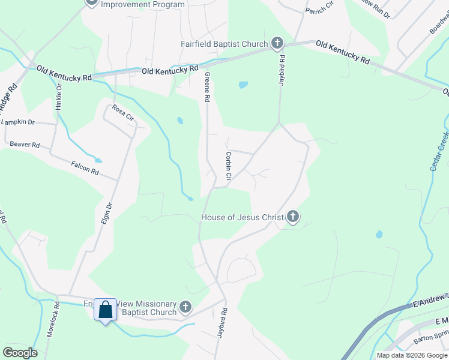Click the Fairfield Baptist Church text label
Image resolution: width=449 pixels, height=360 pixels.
click(224, 44)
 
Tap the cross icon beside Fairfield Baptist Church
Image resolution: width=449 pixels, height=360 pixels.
click(277, 43)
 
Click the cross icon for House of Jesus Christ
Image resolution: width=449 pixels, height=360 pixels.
click(292, 217)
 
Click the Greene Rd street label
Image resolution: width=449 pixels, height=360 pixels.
click(207, 86)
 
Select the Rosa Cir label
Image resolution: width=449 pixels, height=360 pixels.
click(122, 113)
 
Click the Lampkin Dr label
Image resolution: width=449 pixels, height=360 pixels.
click(18, 122)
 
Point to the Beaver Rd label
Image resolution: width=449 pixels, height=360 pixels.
click(25, 145)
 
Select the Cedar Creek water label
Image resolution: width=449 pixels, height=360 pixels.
click(439, 151)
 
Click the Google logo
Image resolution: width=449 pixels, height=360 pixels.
click(20, 353)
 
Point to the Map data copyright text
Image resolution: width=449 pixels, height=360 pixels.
click(412, 355)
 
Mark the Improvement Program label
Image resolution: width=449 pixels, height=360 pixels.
click(143, 4)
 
